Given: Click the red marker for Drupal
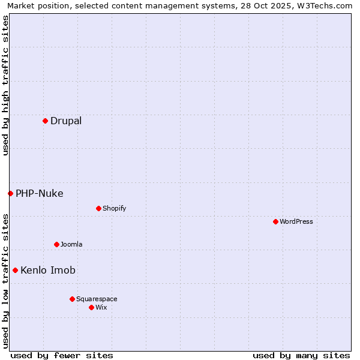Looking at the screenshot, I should point(45,121).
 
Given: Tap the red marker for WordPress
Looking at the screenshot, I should point(275,221).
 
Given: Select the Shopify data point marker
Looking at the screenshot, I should point(98,208).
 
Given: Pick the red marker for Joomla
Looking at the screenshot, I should point(56,244).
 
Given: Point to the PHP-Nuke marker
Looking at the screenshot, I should point(10,193).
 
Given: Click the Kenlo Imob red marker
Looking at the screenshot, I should point(15,270).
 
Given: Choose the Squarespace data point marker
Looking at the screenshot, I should point(72,299).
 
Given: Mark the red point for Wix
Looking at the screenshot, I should point(91,307).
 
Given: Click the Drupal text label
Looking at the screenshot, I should point(66,121).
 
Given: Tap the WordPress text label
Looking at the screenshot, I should point(296,221).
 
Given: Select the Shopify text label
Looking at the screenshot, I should point(115,208).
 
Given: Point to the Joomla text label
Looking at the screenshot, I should point(71,244).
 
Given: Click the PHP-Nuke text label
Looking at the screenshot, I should point(40,193).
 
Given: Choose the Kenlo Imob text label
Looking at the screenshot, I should point(48,270).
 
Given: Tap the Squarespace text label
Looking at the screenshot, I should point(97,299).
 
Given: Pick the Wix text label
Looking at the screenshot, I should point(101,307).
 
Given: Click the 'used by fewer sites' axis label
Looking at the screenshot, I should point(62,355).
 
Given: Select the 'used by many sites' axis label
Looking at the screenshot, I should point(301,355).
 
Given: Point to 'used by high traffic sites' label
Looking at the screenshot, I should point(5,85).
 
